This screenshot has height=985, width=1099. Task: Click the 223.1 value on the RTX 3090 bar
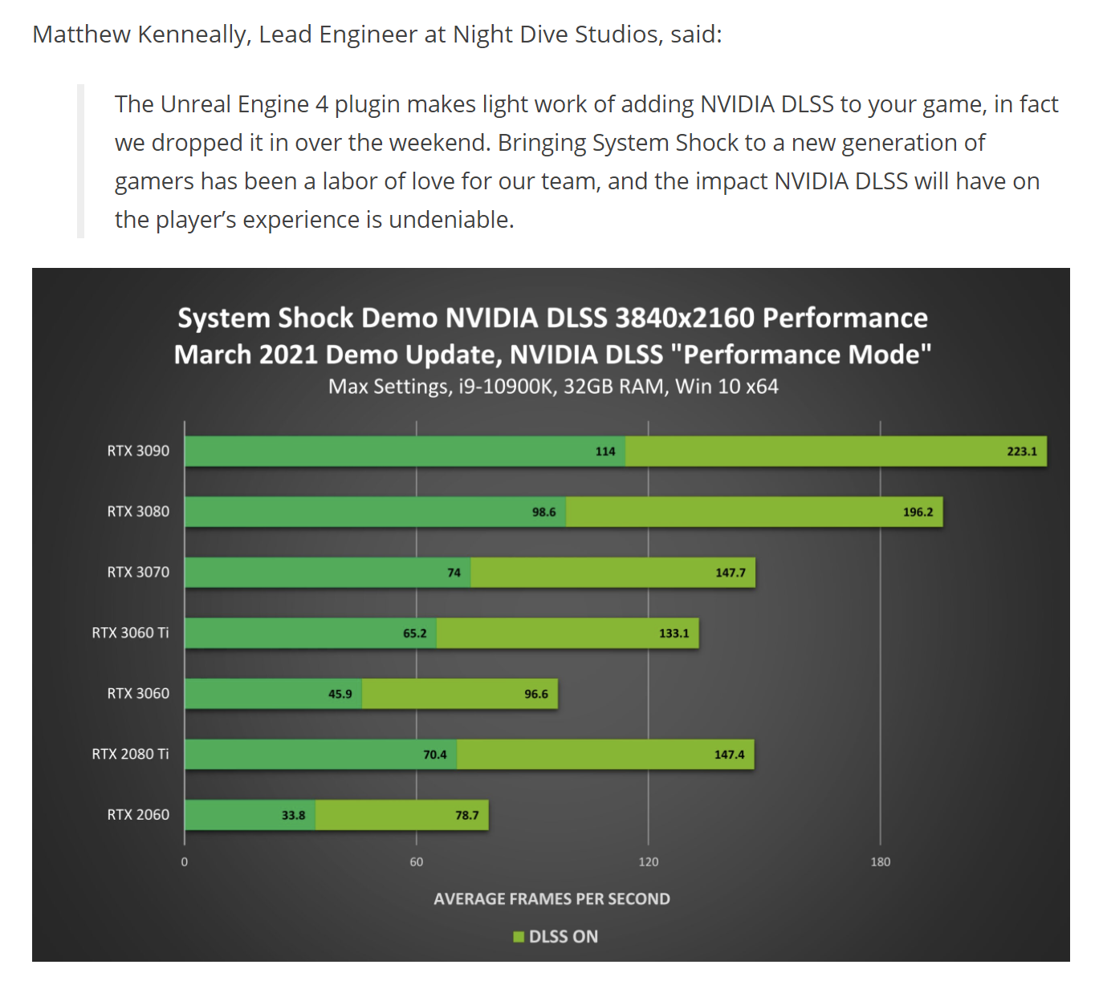click(x=1021, y=452)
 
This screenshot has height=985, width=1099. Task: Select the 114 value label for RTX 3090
click(x=605, y=452)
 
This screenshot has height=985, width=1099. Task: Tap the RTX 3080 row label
click(x=138, y=512)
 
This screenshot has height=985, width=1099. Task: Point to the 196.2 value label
click(x=918, y=512)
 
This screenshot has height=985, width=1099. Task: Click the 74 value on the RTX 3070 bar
click(x=454, y=573)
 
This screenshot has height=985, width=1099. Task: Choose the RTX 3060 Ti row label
click(x=130, y=633)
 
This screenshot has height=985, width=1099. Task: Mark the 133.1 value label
click(x=674, y=633)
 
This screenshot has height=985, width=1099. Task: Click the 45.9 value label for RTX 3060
click(x=340, y=694)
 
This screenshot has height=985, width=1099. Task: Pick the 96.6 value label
click(x=536, y=694)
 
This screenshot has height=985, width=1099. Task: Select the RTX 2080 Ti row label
click(x=130, y=754)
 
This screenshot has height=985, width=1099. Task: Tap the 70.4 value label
click(x=434, y=755)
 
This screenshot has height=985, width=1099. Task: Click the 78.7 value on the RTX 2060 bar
click(x=466, y=815)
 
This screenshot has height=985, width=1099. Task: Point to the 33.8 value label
click(x=293, y=815)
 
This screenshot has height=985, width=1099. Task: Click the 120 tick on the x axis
click(x=648, y=861)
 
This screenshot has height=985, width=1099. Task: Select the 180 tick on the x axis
click(x=880, y=861)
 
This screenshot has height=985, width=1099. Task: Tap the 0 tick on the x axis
click(x=185, y=861)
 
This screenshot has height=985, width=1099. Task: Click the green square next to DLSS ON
click(x=519, y=937)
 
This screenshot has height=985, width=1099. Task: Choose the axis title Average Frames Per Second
click(x=552, y=899)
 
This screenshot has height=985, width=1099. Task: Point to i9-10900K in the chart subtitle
click(x=507, y=387)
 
